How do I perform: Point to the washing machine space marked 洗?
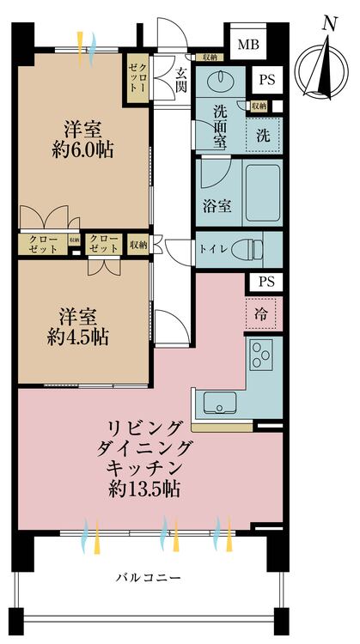(262, 134)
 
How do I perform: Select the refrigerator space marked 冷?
(261, 313)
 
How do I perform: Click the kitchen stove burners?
(260, 355)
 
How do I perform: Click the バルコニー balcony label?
(148, 579)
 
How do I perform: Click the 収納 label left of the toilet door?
(138, 245)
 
